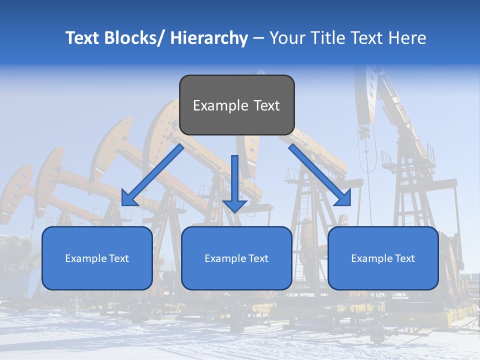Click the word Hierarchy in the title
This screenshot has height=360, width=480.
pyautogui.click(x=209, y=38)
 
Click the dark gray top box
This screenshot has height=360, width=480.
pyautogui.click(x=236, y=105)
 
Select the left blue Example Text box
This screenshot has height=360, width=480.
pyautogui.click(x=97, y=258)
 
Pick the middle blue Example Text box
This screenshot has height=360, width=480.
pyautogui.click(x=236, y=258)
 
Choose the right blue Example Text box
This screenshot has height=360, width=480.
pyautogui.click(x=383, y=258)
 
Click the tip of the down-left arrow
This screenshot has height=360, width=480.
pyautogui.click(x=123, y=204)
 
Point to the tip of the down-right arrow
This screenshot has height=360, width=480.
pyautogui.click(x=349, y=204)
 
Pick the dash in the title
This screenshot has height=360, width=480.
pyautogui.click(x=258, y=38)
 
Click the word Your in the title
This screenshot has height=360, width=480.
pyautogui.click(x=287, y=38)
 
